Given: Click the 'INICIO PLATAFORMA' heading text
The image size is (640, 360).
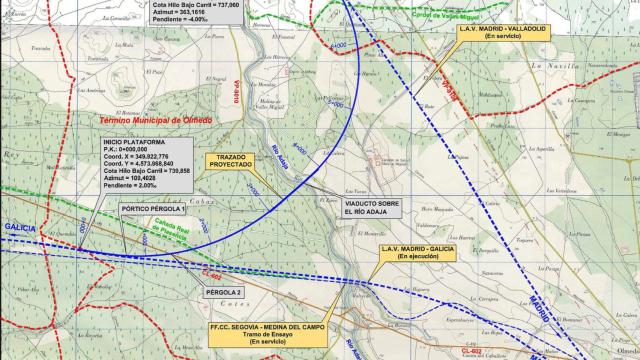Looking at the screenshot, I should pyautogui.click(x=140, y=144).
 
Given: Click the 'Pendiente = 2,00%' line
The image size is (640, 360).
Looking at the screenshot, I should pyautogui.click(x=134, y=192).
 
